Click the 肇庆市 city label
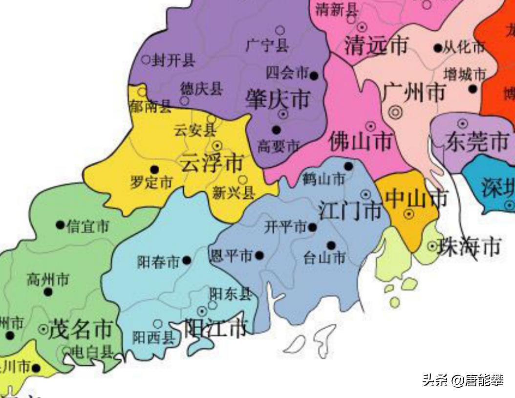pyautogui.click(x=278, y=100)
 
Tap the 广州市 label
pyautogui.click(x=414, y=92)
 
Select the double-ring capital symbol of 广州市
pyautogui.click(x=396, y=112)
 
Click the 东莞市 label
pyautogui.click(x=476, y=141)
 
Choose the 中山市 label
pyautogui.click(x=416, y=198)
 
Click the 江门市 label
pyautogui.click(x=350, y=211)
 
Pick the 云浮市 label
pyautogui.click(x=212, y=163)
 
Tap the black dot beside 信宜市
pyautogui.click(x=60, y=225)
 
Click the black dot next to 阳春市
pyautogui.click(x=187, y=260)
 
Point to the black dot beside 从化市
pyautogui.click(x=438, y=48)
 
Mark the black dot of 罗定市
pyautogui.click(x=154, y=170)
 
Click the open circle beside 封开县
pyautogui.click(x=146, y=60)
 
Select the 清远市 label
pyautogui.click(x=375, y=46)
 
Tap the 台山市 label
pyautogui.click(x=324, y=258)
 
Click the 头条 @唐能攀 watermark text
pyautogui.click(x=463, y=380)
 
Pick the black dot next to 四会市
pyautogui.click(x=314, y=75)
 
